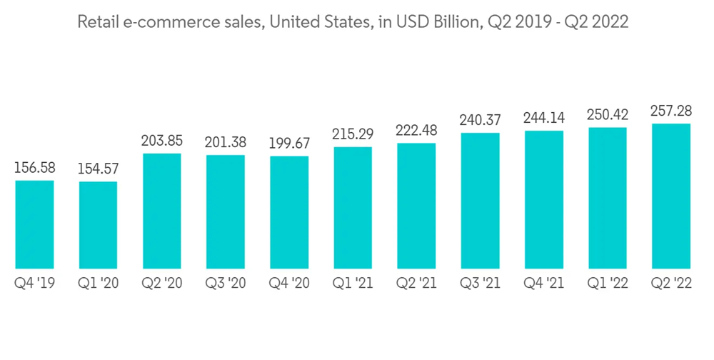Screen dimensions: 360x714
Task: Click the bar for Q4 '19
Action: click(34, 224)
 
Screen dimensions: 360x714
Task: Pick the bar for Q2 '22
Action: click(671, 195)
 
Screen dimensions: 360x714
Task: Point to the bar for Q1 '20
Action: click(98, 224)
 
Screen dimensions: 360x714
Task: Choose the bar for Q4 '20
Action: click(289, 211)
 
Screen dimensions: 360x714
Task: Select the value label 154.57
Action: click(98, 170)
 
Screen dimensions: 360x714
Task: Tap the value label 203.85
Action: click(162, 141)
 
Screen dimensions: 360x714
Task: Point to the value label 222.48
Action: click(416, 131)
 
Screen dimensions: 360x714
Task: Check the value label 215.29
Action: click(353, 135)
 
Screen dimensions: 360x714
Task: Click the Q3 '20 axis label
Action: click(226, 284)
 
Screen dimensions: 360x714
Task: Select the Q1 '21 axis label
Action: click(353, 284)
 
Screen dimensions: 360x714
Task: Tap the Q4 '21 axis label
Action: click(544, 284)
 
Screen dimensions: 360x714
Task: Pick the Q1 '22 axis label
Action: click(608, 284)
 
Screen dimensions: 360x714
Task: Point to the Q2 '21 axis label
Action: click(416, 284)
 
